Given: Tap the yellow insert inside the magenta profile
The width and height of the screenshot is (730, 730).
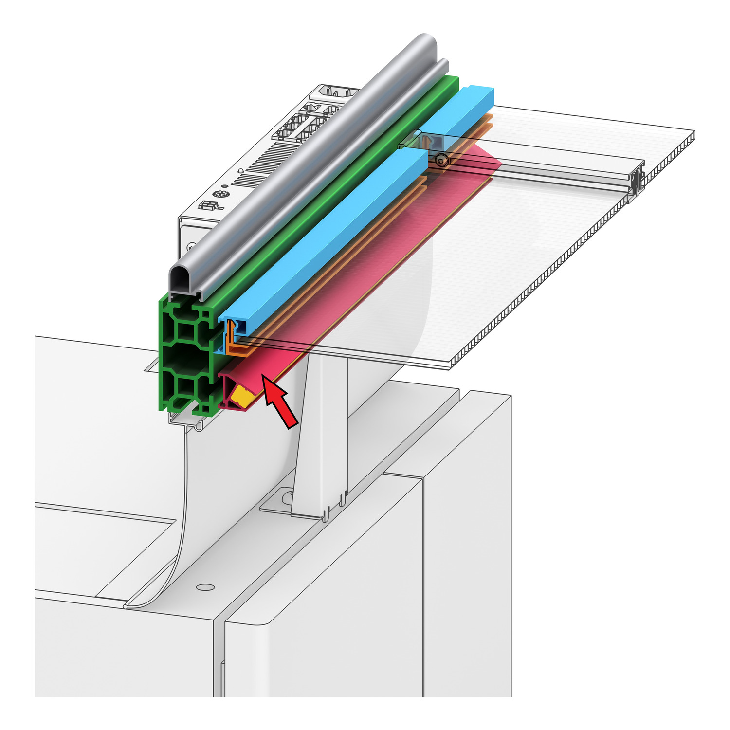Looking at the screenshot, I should [x=242, y=395].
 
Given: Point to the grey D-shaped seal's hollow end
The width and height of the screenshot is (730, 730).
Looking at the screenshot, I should [x=181, y=279].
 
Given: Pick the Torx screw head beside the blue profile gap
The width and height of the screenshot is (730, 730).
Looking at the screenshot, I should [x=442, y=159].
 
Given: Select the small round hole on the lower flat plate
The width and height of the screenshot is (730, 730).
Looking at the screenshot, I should [x=205, y=587].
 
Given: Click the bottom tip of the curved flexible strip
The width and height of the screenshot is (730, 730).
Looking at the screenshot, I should [x=128, y=606].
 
